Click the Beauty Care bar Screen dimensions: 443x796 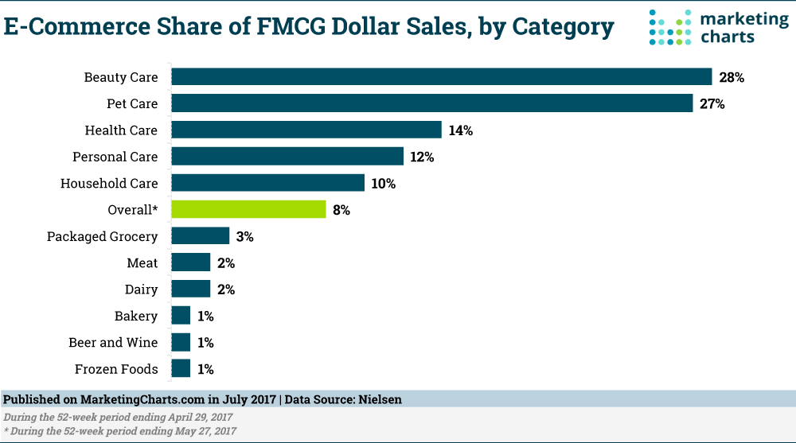click(441, 77)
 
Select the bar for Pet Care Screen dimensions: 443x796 click(431, 103)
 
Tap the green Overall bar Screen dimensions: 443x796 click(248, 210)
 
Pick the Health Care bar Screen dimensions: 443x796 click(306, 130)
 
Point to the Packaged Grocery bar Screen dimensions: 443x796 click(200, 236)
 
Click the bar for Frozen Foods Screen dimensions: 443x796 click(181, 368)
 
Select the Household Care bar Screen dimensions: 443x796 click(267, 183)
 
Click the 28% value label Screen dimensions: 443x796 click(731, 78)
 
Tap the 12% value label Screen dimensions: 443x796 click(421, 157)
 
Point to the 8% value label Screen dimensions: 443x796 click(341, 210)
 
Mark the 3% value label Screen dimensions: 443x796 click(244, 236)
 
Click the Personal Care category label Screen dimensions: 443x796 click(115, 157)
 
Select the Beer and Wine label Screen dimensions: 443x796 click(113, 342)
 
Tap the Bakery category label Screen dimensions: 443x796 click(136, 316)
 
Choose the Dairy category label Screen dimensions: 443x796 click(141, 290)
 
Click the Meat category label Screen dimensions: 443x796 click(142, 262)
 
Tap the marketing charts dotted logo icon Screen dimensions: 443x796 click(669, 27)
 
